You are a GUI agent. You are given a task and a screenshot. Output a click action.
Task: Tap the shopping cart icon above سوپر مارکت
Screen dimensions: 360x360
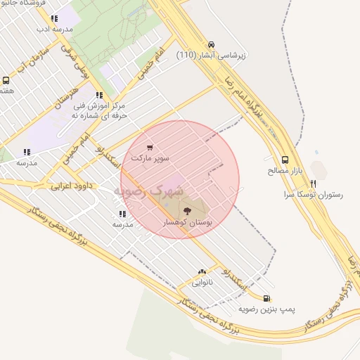(150, 148)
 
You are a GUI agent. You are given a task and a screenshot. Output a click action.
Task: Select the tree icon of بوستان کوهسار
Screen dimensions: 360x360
(187, 210)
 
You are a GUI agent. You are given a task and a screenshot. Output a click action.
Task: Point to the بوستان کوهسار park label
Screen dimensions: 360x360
(186, 221)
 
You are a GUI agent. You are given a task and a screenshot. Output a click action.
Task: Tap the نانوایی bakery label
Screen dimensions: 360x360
(202, 283)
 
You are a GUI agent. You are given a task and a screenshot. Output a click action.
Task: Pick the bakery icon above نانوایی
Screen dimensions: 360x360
(202, 271)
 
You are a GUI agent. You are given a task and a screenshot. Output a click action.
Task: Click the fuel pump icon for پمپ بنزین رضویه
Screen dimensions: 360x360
(266, 297)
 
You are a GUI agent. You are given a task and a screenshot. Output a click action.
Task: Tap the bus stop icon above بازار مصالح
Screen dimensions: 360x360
(285, 160)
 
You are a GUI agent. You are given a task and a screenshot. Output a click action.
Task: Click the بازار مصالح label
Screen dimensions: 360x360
(284, 171)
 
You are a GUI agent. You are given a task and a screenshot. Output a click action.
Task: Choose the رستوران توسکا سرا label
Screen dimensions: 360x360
(313, 194)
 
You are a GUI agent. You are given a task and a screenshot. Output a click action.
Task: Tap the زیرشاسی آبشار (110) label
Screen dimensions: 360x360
(211, 55)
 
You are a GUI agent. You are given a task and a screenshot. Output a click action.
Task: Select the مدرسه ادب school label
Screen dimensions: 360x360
(54, 30)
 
